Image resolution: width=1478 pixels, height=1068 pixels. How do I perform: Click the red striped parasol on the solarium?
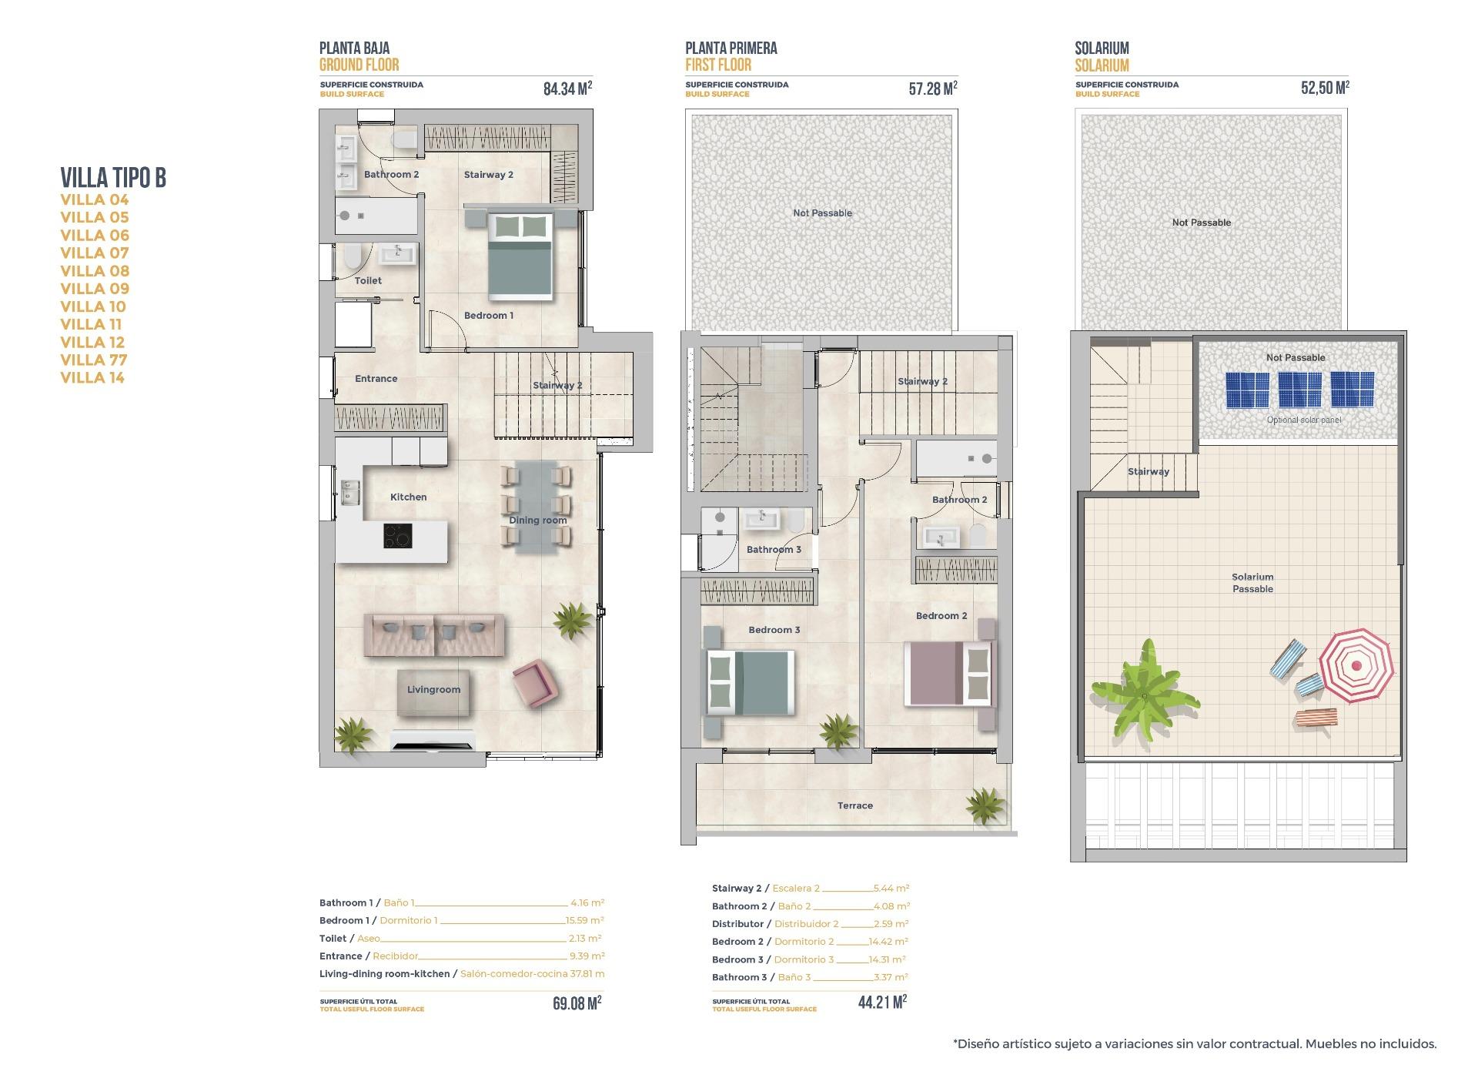click(x=1356, y=665)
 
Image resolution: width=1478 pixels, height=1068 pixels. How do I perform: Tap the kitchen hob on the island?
click(x=397, y=536)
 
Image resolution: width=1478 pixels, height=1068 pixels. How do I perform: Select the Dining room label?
click(x=537, y=521)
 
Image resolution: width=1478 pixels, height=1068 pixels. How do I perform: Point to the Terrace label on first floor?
click(x=854, y=805)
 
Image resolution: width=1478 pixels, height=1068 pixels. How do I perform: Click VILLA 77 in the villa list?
click(x=94, y=360)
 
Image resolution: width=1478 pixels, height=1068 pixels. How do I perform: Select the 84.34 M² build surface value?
click(x=567, y=89)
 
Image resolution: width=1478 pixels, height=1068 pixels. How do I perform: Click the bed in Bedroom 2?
click(x=950, y=674)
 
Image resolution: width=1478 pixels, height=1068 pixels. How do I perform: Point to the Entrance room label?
click(x=376, y=379)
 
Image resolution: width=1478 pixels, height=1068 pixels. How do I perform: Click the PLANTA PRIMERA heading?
click(x=731, y=49)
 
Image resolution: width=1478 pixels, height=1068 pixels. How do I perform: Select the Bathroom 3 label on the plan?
click(x=774, y=550)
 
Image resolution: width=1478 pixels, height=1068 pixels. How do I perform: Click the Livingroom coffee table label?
click(x=433, y=690)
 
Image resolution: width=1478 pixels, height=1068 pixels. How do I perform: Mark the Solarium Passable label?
click(x=1252, y=583)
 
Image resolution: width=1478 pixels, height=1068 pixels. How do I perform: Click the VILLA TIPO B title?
click(x=113, y=178)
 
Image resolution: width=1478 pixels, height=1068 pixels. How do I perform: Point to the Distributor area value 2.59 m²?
click(x=891, y=924)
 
